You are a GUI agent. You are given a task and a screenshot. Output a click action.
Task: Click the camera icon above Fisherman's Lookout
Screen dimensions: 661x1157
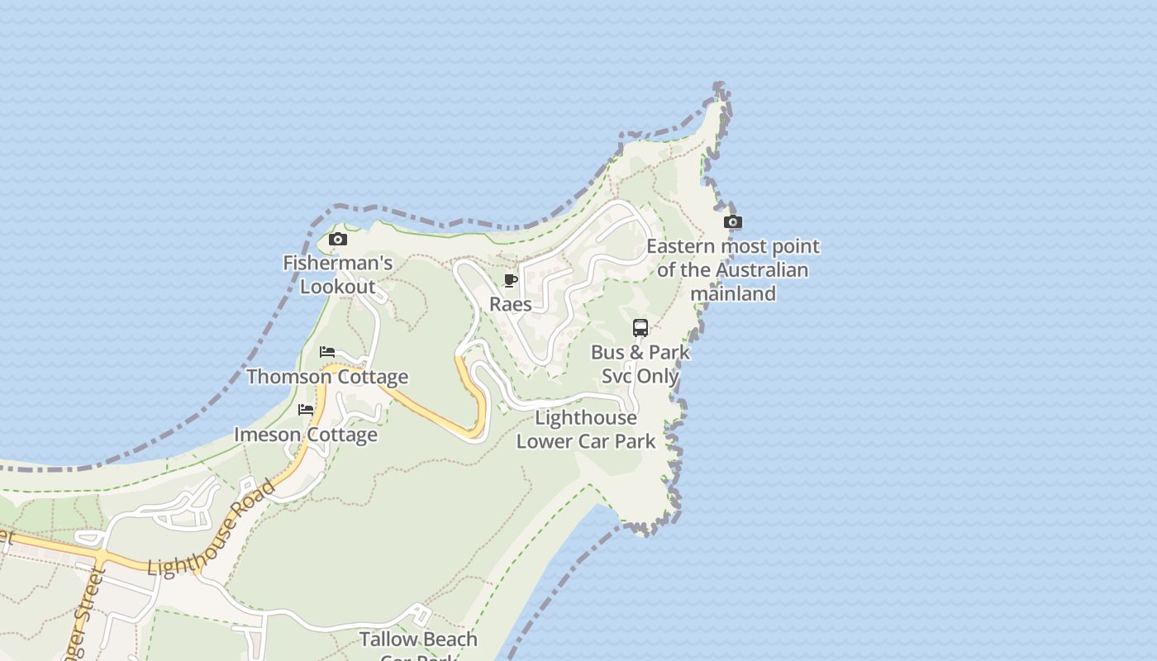pyautogui.click(x=337, y=240)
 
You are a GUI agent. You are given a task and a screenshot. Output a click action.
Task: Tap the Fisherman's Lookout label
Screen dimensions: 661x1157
pyautogui.click(x=337, y=275)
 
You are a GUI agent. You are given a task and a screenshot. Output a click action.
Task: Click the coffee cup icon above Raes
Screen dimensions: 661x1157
pyautogui.click(x=511, y=281)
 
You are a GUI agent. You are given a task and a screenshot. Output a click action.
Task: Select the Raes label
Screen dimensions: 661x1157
pyautogui.click(x=511, y=304)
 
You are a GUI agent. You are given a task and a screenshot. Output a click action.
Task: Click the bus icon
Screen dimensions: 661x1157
pyautogui.click(x=640, y=328)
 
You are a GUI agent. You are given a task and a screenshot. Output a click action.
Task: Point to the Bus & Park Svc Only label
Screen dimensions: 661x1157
pyautogui.click(x=640, y=364)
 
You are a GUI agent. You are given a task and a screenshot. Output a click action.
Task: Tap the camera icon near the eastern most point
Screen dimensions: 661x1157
pyautogui.click(x=732, y=221)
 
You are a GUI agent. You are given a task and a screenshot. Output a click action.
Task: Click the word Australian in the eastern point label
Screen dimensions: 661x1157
pyautogui.click(x=762, y=270)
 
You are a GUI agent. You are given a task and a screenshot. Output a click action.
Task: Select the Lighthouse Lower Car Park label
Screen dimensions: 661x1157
pyautogui.click(x=586, y=430)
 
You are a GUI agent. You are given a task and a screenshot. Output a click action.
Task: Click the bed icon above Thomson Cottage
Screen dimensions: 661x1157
pyautogui.click(x=327, y=352)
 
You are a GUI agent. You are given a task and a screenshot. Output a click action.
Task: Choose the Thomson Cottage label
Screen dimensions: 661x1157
pyautogui.click(x=327, y=377)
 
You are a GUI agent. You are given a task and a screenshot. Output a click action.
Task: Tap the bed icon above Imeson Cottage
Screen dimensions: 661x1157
pyautogui.click(x=306, y=410)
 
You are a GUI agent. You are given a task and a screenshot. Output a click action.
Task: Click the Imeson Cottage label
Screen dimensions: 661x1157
pyautogui.click(x=306, y=435)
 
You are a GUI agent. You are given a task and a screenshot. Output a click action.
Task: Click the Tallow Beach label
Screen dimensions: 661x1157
pyautogui.click(x=418, y=640)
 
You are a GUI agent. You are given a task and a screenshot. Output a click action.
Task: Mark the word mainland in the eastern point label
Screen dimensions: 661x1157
pyautogui.click(x=733, y=293)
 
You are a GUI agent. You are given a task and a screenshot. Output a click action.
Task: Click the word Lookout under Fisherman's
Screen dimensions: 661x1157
pyautogui.click(x=337, y=288)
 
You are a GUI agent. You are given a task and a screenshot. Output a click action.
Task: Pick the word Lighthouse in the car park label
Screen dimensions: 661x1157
pyautogui.click(x=586, y=418)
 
